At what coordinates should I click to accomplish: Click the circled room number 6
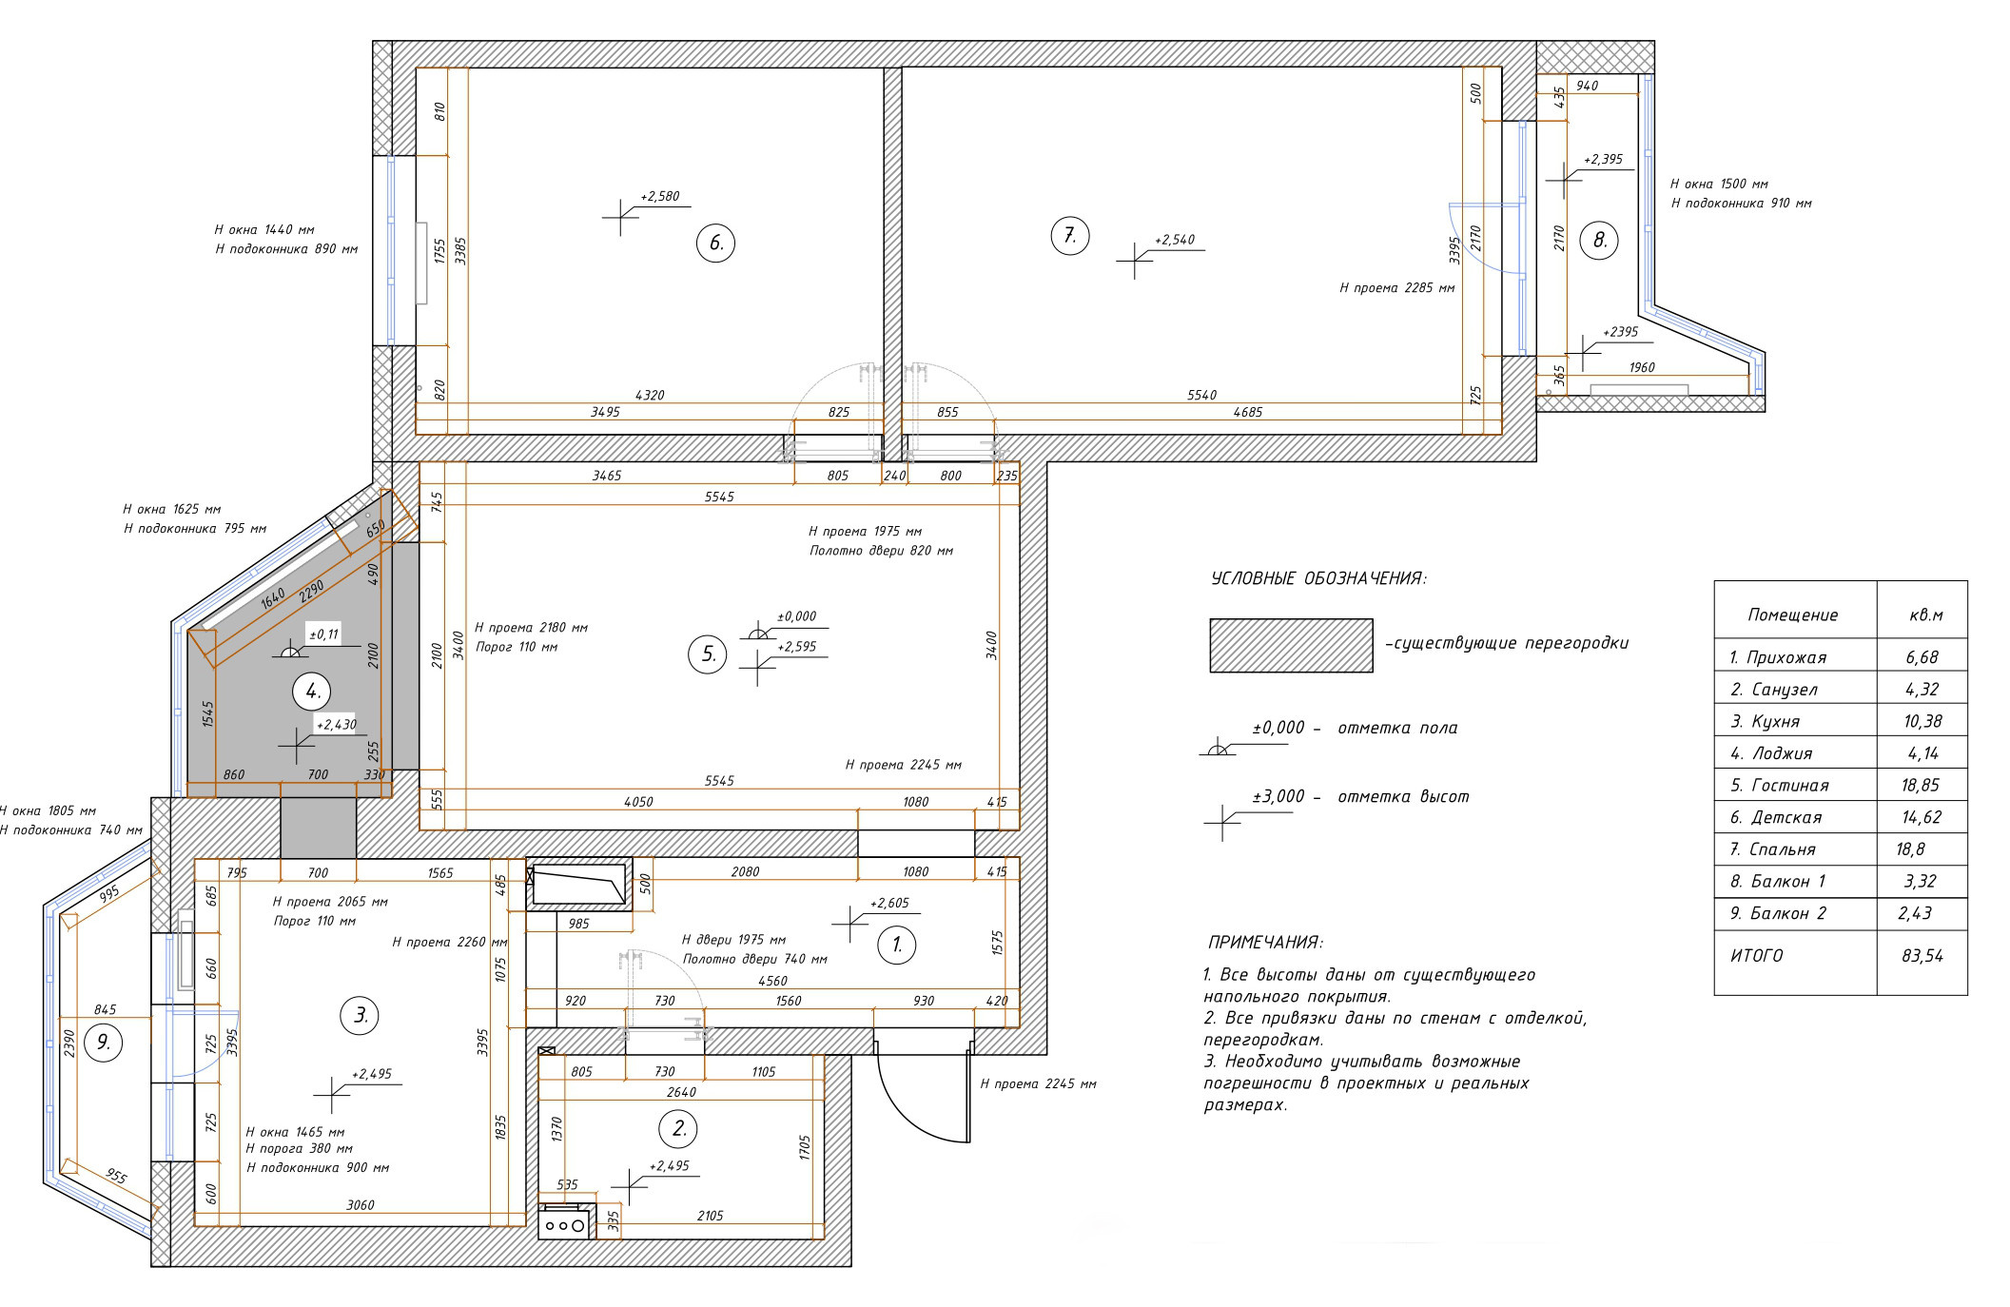point(716,243)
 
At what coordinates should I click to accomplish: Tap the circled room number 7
point(1069,236)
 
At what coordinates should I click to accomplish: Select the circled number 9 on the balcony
point(104,1044)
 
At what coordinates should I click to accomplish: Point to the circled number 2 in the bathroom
point(679,1129)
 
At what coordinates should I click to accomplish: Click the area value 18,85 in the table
point(1922,786)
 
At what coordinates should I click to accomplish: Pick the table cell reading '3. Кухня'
point(1765,722)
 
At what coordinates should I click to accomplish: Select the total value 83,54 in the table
point(1922,956)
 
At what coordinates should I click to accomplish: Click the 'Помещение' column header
point(1793,615)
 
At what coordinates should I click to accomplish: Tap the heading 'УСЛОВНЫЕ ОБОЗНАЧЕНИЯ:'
point(1318,579)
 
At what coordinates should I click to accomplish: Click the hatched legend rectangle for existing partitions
point(1291,646)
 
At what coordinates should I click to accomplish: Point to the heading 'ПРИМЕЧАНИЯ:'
point(1264,943)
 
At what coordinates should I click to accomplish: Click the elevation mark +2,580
point(660,196)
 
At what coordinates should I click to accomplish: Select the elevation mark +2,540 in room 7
point(1174,241)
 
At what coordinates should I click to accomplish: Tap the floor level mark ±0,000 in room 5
point(796,616)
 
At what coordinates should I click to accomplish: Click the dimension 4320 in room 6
point(649,396)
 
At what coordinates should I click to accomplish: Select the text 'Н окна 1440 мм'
point(264,229)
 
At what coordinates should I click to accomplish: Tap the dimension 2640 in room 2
point(681,1092)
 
